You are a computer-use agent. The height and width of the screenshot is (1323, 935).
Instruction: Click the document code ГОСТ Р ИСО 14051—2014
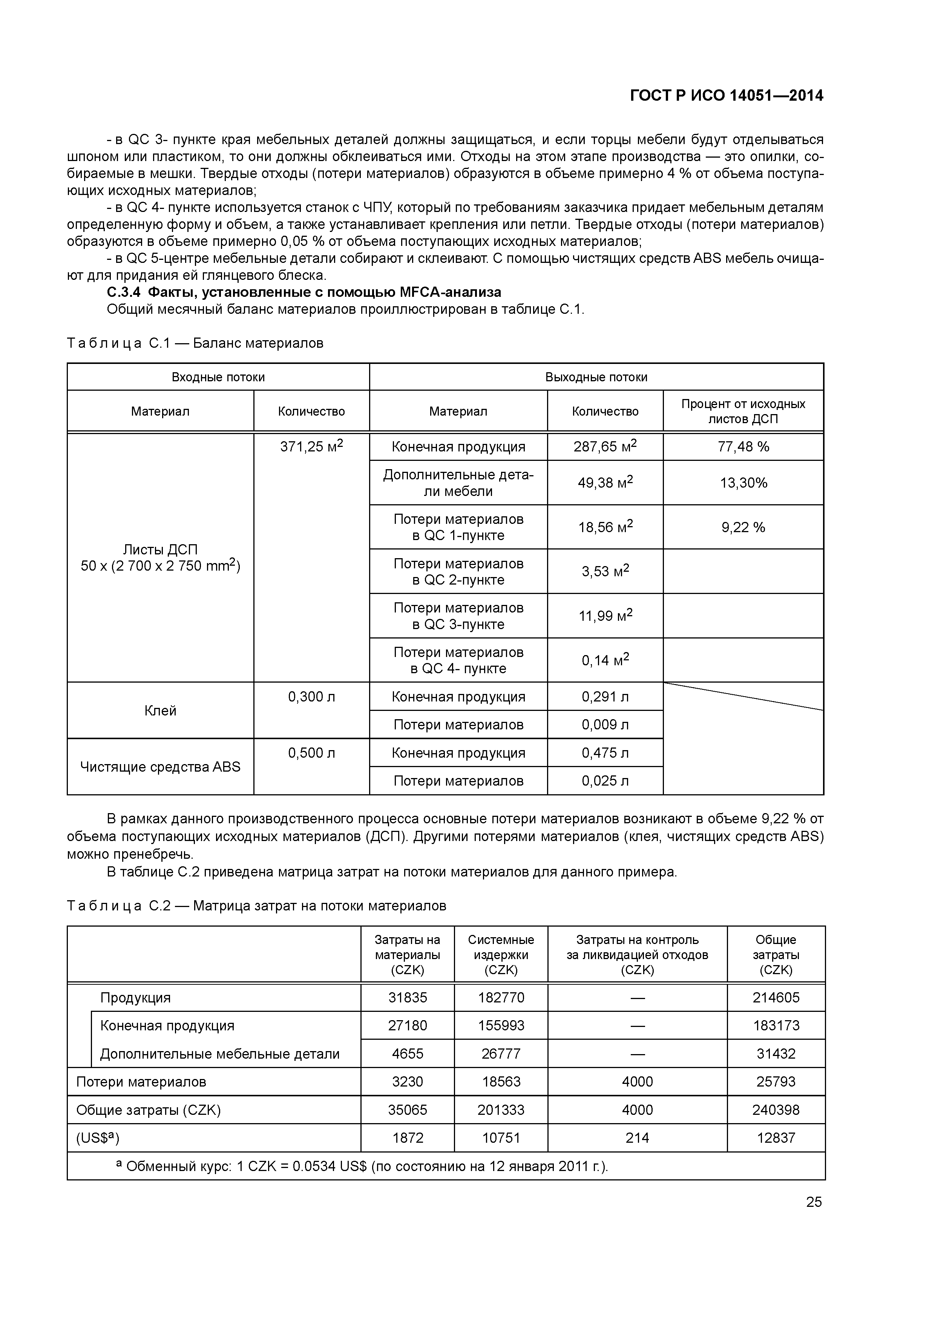[727, 96]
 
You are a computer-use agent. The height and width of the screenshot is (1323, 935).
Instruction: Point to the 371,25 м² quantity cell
[311, 447]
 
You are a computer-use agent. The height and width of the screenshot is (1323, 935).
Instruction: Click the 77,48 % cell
[743, 447]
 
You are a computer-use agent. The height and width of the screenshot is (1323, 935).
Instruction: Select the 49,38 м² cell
[605, 483]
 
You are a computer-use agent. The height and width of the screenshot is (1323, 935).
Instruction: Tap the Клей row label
[160, 711]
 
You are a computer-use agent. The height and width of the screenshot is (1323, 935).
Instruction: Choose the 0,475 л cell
[605, 753]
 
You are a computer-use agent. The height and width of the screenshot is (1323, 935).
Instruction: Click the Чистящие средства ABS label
[160, 767]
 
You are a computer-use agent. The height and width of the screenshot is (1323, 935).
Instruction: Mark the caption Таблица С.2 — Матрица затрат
[256, 906]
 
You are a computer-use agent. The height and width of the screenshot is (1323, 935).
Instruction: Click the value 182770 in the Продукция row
[501, 998]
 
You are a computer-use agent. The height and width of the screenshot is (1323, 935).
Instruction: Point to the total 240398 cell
[776, 1110]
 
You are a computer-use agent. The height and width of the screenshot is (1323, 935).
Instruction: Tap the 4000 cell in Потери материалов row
[637, 1082]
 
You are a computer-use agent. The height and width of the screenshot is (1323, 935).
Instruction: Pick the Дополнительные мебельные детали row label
[219, 1054]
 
